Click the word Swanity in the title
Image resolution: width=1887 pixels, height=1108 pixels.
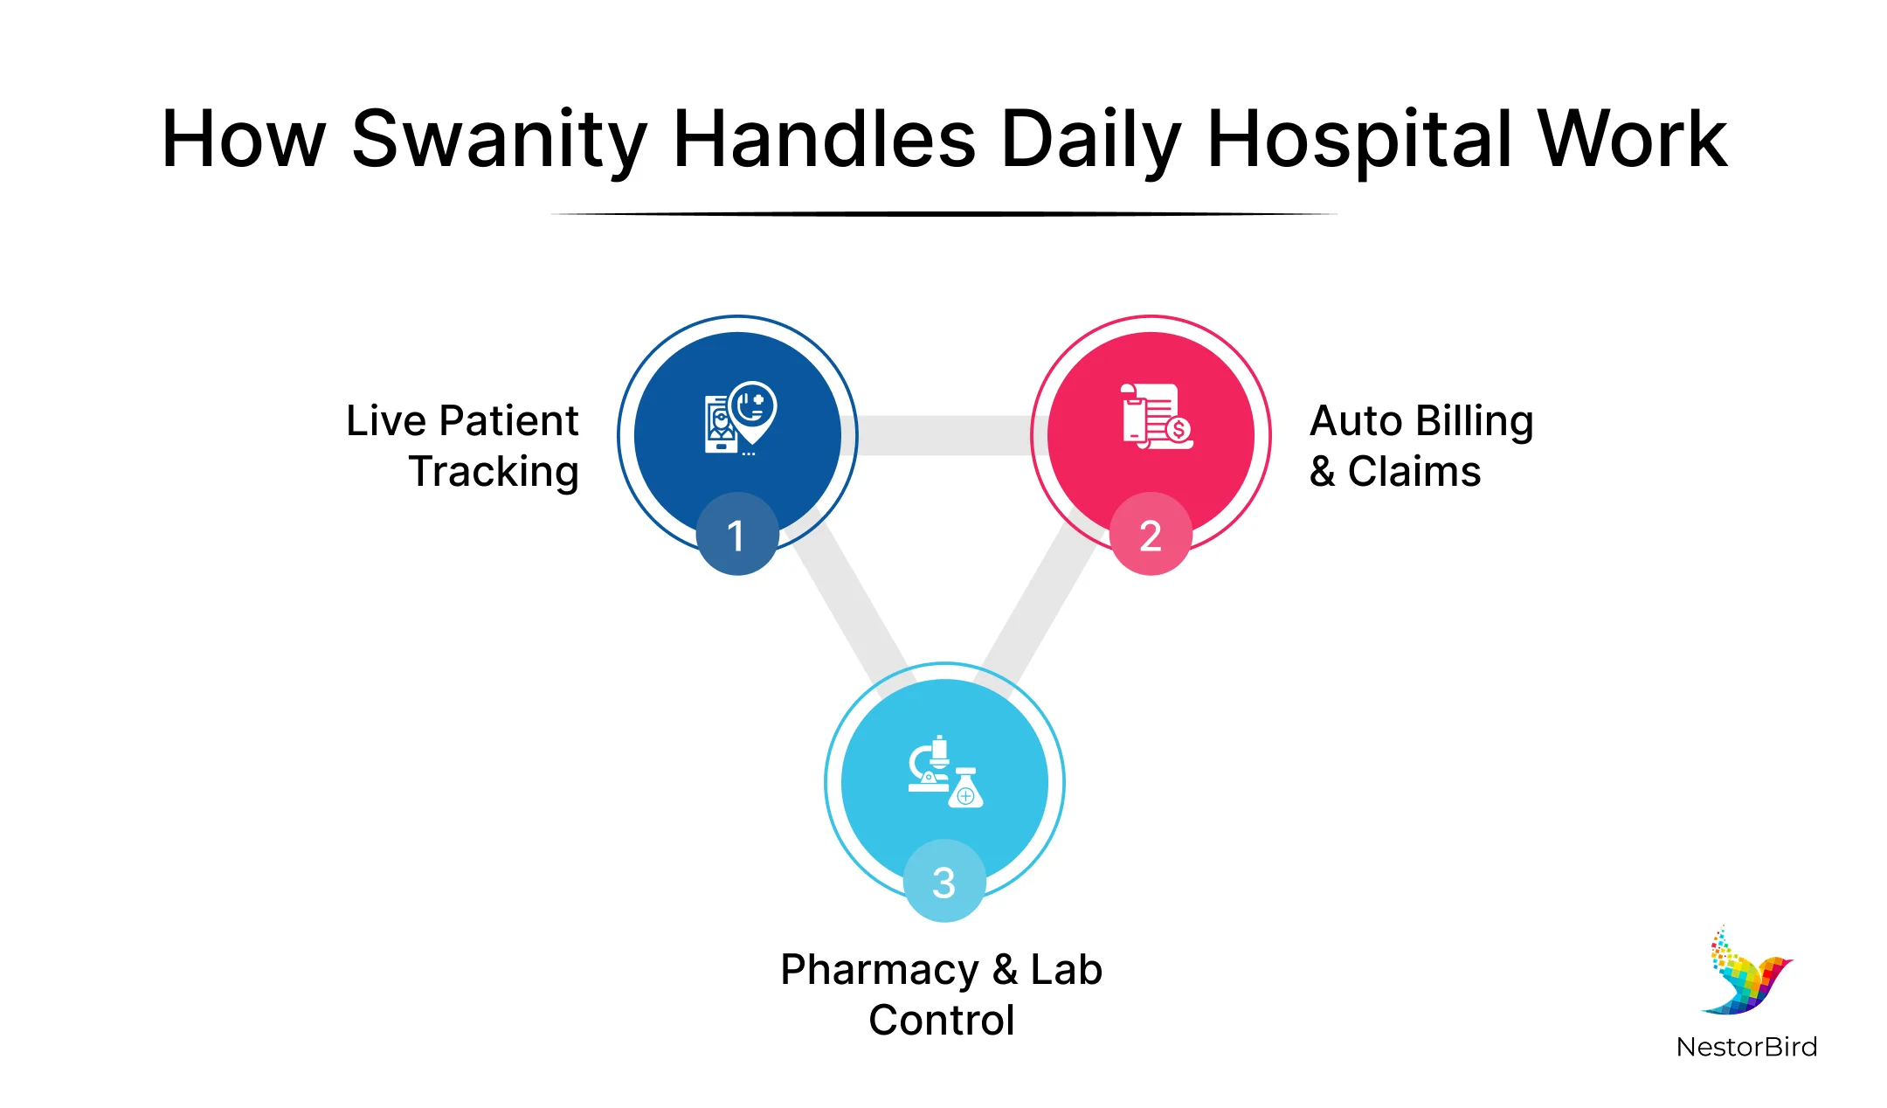point(498,140)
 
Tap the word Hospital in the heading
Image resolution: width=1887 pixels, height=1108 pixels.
point(1359,140)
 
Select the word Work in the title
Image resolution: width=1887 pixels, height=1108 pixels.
point(1632,140)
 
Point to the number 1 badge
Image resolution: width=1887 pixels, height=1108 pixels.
point(736,534)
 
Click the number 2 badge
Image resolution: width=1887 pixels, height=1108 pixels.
point(1151,534)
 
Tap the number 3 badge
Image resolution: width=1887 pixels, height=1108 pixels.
point(943,881)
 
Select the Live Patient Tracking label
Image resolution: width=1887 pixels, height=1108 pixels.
point(463,446)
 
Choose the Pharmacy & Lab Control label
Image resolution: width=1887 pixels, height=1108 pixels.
point(942,994)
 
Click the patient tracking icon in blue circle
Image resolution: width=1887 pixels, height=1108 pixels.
point(739,418)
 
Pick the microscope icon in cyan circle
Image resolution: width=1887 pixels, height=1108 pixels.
point(944,772)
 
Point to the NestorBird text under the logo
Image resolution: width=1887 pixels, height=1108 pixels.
point(1745,1047)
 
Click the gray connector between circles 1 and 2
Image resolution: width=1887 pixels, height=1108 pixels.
point(943,435)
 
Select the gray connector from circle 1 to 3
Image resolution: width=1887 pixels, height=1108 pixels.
point(847,603)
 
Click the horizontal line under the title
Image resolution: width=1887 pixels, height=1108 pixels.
point(943,213)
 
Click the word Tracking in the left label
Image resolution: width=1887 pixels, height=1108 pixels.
point(494,472)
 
